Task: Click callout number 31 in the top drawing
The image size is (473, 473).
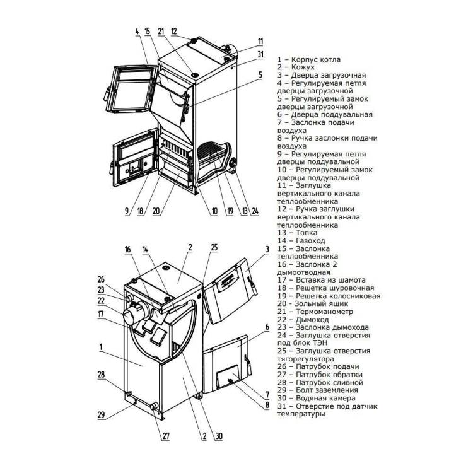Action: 260,54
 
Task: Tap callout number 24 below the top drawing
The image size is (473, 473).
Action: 255,211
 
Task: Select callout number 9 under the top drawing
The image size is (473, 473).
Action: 127,211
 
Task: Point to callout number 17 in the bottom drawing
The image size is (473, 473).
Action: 101,314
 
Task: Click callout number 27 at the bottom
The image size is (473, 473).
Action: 166,436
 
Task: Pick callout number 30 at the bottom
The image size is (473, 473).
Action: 219,436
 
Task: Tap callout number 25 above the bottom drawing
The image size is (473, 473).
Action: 214,248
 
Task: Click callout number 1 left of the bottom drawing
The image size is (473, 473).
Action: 101,347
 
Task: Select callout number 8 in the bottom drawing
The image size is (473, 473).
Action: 267,404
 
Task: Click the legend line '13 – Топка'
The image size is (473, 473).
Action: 298,233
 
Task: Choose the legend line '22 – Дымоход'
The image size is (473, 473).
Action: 303,320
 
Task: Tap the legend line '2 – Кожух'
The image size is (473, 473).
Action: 296,67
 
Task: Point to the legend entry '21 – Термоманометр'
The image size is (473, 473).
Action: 315,312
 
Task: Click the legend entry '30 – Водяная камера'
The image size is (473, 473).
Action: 317,398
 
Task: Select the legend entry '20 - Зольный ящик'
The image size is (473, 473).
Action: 313,303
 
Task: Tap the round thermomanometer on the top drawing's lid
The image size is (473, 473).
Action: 195,74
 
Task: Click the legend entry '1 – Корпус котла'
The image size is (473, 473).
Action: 309,59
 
